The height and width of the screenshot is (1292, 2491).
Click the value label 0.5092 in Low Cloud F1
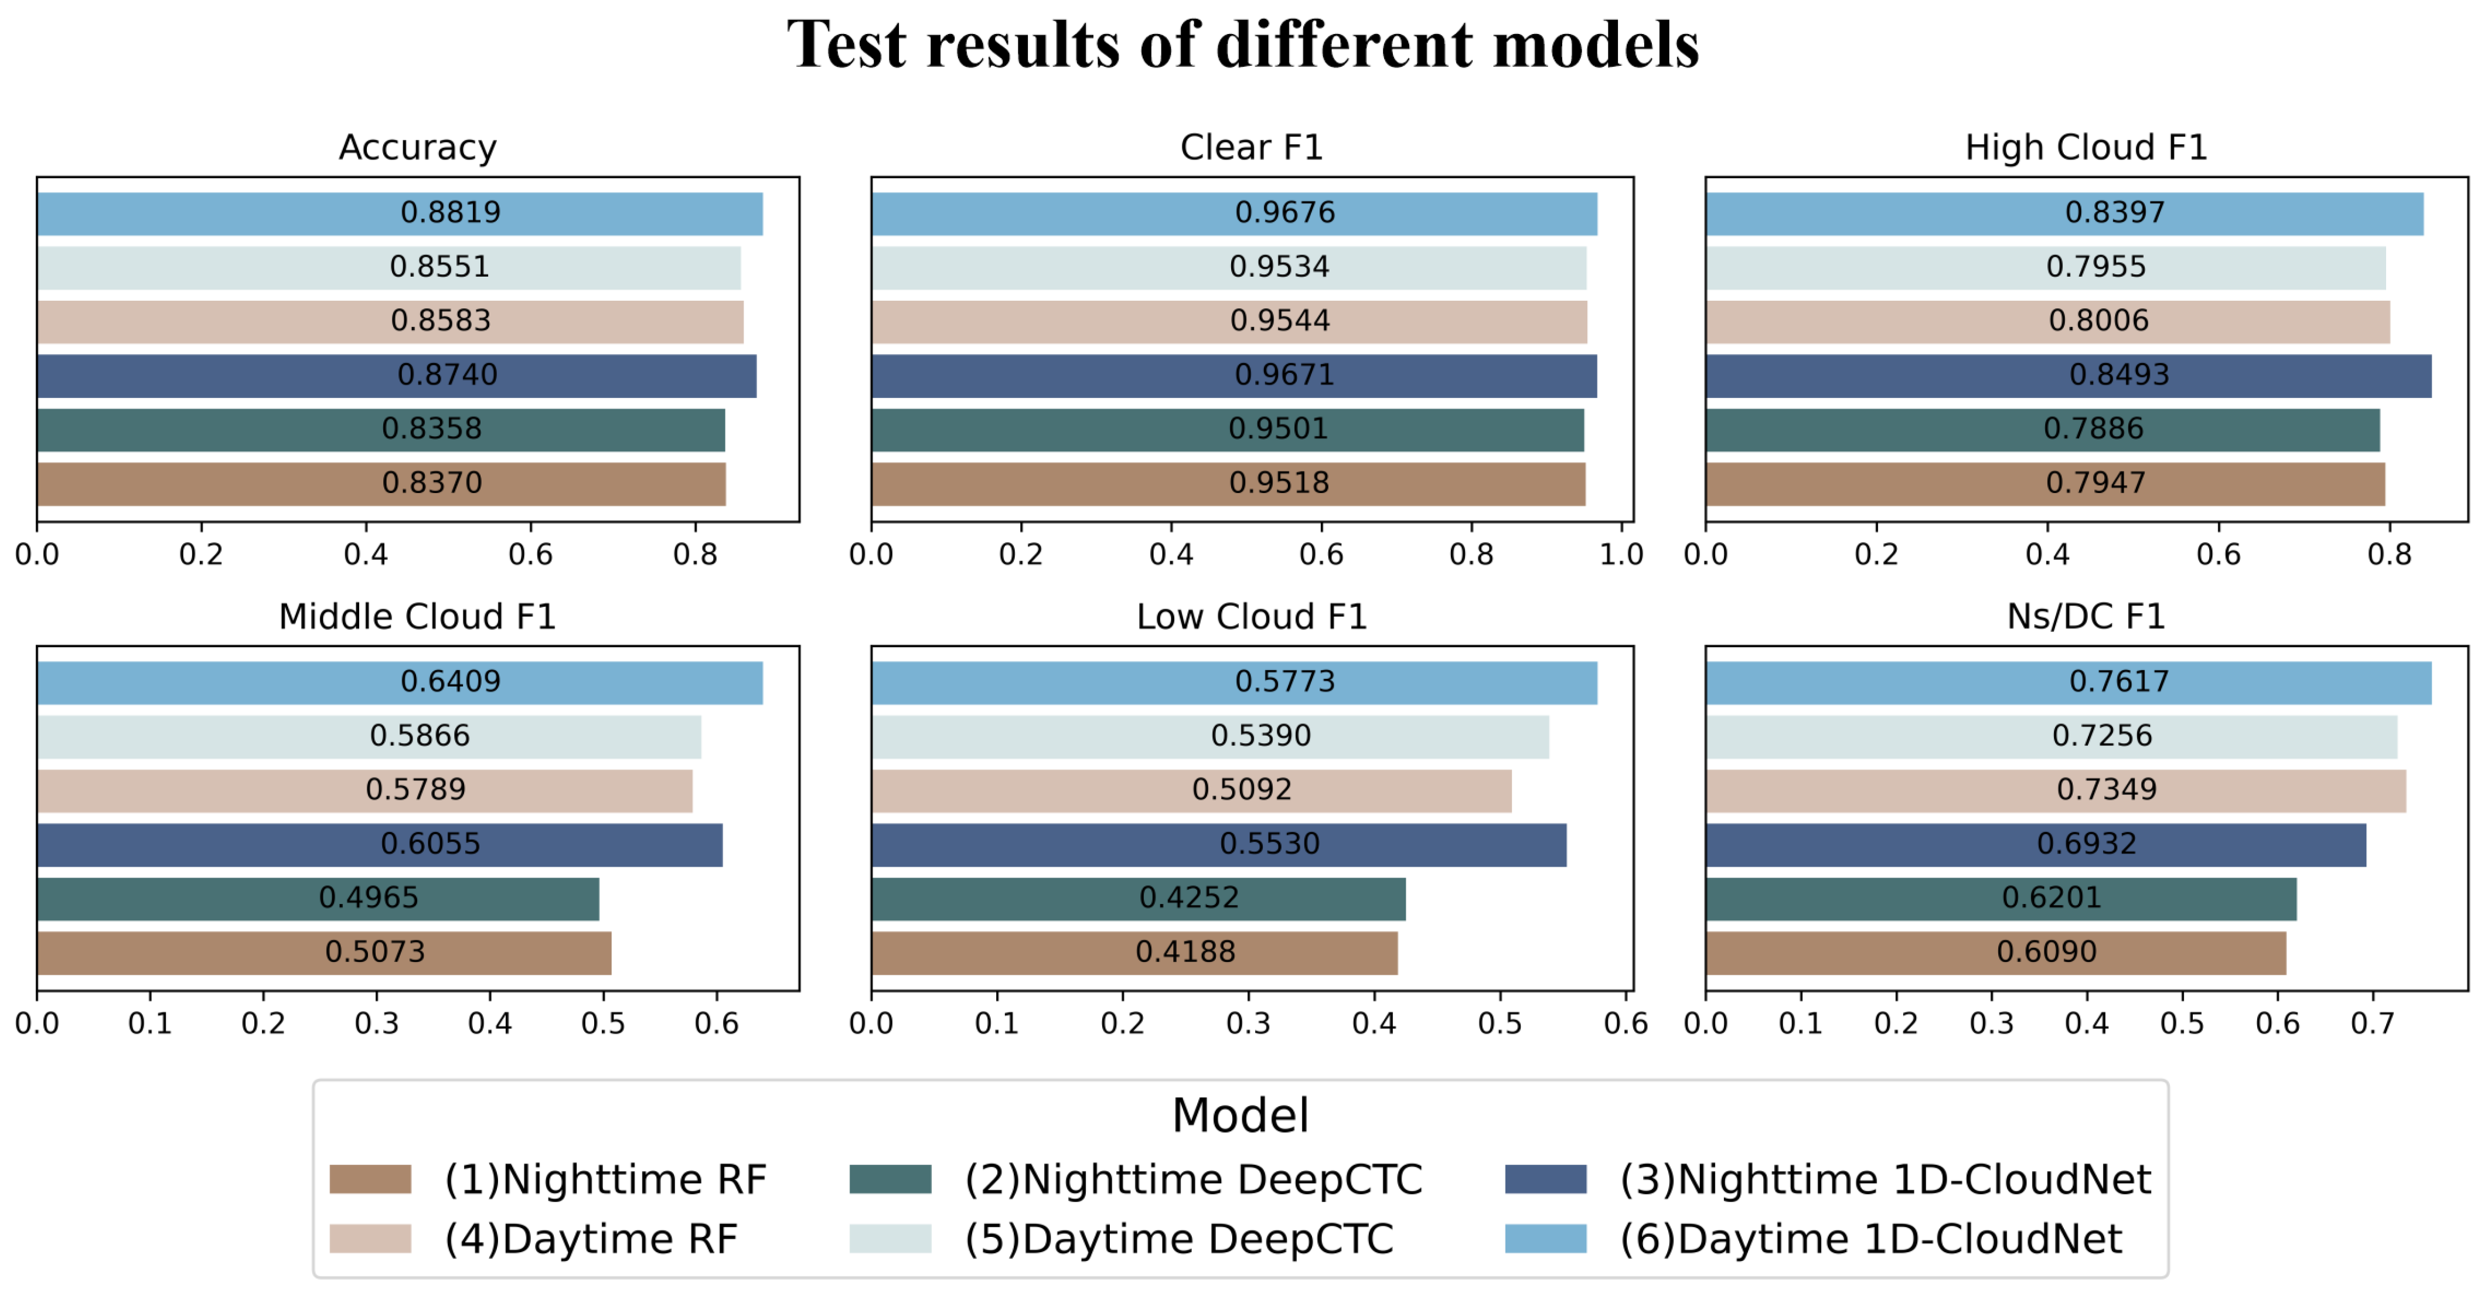(1242, 790)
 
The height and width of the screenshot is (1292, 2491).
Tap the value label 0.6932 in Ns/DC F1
(2087, 844)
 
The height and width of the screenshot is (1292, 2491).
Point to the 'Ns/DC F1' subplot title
(2086, 617)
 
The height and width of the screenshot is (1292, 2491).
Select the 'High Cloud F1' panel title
(2086, 148)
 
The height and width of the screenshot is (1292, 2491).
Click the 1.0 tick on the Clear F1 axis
(1621, 555)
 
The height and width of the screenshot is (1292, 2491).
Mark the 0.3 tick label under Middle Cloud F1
(376, 1024)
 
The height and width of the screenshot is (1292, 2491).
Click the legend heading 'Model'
(1241, 1116)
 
